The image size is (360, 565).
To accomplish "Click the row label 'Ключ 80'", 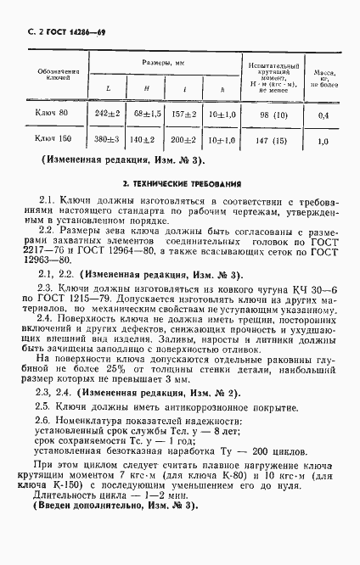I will pos(50,113).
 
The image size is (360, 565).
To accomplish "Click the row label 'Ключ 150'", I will pos(50,141).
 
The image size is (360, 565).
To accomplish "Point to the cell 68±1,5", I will pos(147,113).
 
